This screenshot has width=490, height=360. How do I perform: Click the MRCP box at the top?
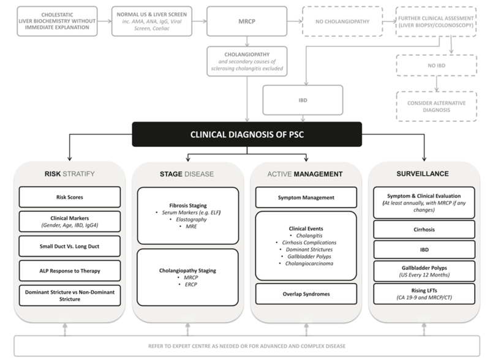247,21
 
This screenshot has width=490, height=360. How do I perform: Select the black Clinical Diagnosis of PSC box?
247,134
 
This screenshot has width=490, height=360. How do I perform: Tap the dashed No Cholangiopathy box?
342,21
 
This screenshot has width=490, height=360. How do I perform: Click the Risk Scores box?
70,197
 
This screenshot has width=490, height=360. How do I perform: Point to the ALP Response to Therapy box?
70,271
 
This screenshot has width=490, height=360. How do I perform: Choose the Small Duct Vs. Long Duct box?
70,246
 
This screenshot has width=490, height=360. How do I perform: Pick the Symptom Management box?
306,198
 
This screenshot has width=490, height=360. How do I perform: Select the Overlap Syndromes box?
306,294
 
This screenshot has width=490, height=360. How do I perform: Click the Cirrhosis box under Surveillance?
424,230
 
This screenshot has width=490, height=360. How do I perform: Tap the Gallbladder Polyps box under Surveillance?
424,271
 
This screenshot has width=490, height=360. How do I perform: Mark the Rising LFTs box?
424,294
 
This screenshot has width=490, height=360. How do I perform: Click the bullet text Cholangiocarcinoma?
309,263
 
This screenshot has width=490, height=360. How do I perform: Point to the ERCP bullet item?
190,284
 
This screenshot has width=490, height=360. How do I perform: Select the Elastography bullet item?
191,219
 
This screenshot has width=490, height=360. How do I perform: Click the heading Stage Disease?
187,174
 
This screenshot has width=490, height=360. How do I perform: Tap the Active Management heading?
305,174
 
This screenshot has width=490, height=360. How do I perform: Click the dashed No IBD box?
437,66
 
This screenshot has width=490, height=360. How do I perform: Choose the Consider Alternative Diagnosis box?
437,107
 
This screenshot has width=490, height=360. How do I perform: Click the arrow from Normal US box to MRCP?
200,21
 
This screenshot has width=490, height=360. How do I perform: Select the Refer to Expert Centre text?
247,347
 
